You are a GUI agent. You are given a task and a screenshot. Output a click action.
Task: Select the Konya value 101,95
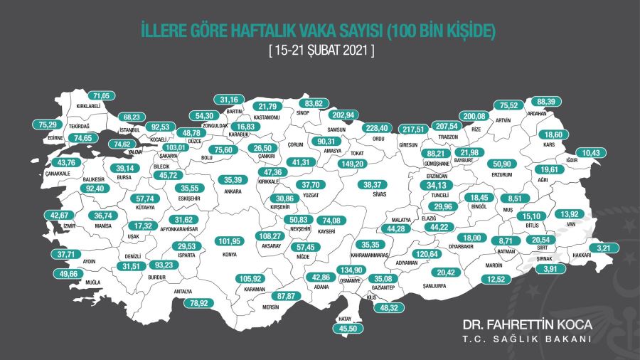230,241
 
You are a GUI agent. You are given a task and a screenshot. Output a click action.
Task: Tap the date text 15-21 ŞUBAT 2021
319,51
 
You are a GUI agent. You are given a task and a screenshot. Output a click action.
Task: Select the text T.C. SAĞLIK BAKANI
527,339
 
